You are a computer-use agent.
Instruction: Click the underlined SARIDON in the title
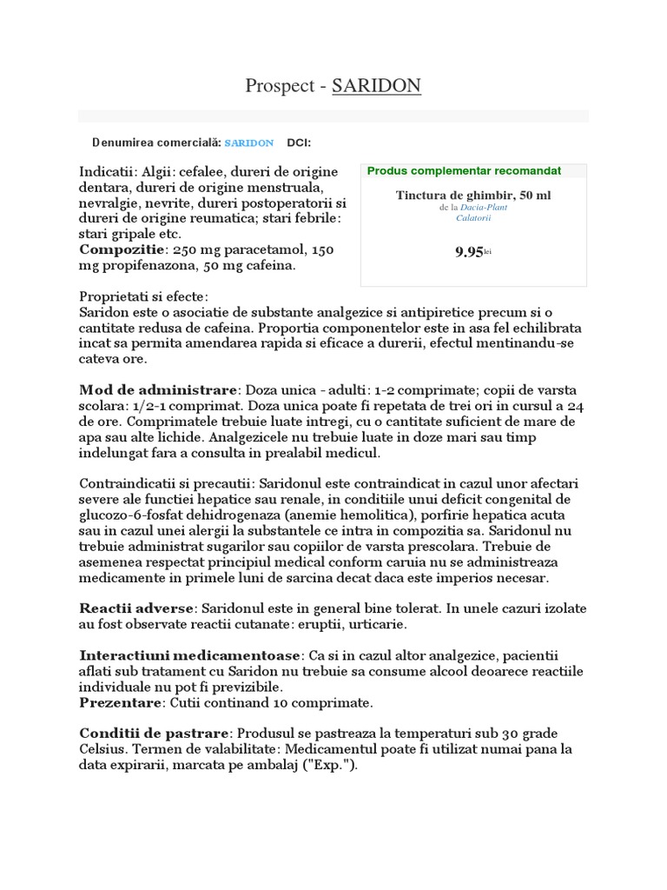pos(376,85)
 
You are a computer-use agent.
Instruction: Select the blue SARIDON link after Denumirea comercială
pos(249,143)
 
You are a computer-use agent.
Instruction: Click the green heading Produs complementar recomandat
pos(464,171)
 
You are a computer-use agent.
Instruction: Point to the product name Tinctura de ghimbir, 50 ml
pos(473,196)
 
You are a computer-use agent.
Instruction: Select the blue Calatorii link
pos(473,218)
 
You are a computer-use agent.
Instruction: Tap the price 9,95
pos(469,252)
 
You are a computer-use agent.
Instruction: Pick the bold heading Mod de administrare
pos(158,389)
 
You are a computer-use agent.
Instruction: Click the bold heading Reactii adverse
pos(135,608)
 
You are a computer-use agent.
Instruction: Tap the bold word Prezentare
pos(121,702)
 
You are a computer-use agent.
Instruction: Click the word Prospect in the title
pos(275,85)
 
